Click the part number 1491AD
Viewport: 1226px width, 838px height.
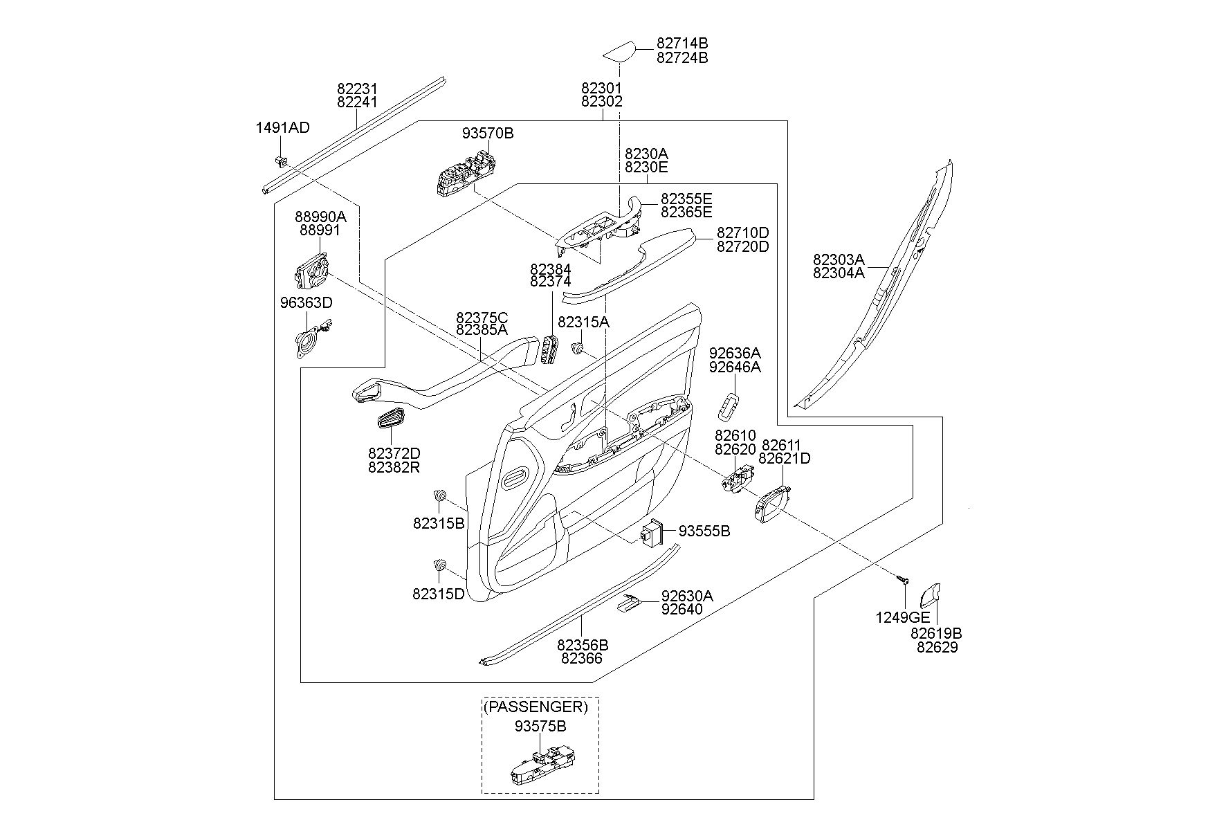282,127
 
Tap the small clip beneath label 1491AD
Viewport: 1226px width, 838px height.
282,161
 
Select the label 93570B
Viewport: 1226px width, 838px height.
488,133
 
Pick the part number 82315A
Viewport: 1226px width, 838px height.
583,322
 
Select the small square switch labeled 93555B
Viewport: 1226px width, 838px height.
652,532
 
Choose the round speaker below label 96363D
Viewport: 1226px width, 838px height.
309,341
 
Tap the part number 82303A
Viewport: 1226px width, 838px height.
839,259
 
